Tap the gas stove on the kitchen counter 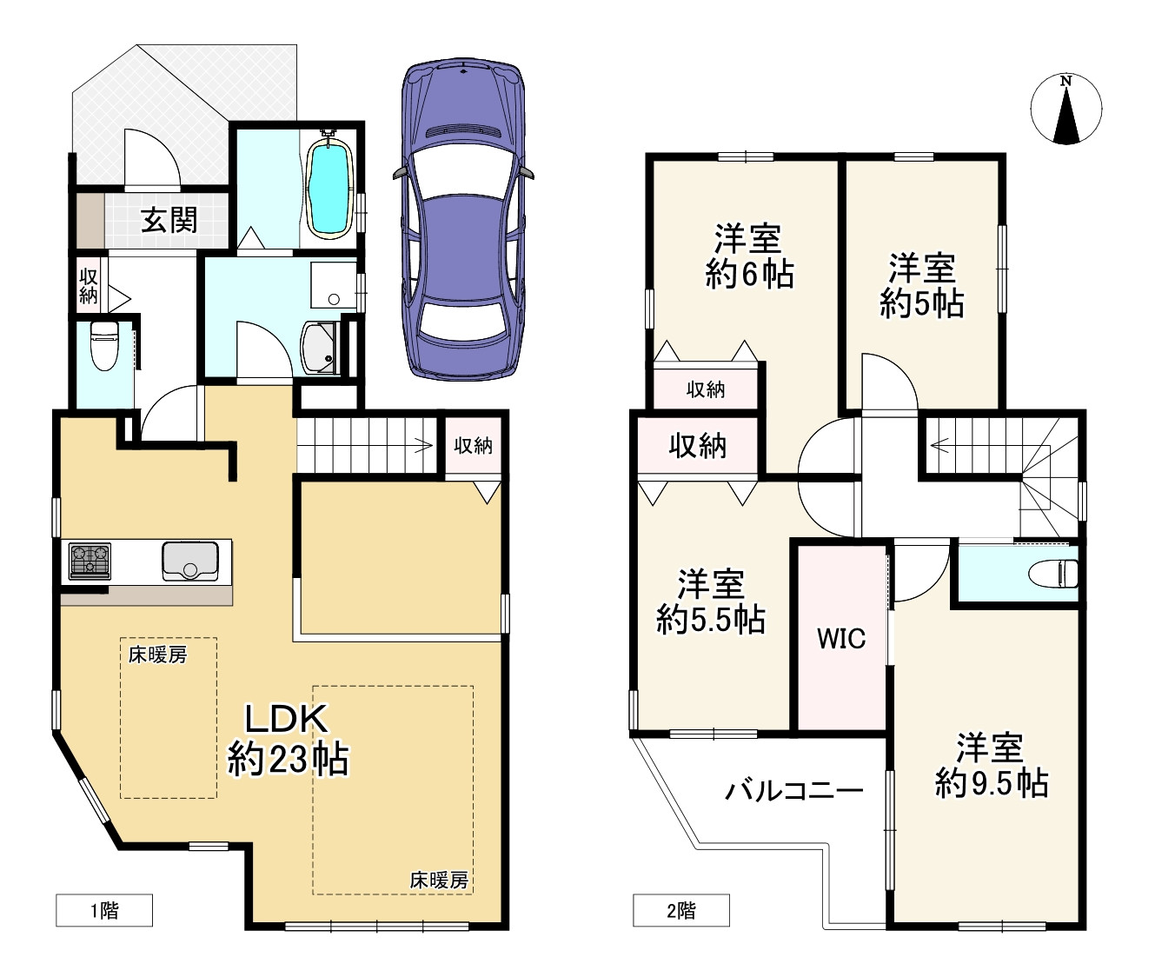click(90, 562)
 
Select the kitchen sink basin click(190, 561)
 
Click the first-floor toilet click(104, 346)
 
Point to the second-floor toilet click(1052, 573)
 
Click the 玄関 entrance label click(169, 220)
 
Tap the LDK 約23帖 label click(288, 740)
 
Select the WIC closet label click(841, 638)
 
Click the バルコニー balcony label click(794, 791)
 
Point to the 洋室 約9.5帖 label click(991, 766)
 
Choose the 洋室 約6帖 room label click(749, 256)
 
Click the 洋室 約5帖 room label click(922, 286)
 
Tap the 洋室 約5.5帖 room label click(711, 602)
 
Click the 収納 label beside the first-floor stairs click(473, 445)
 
